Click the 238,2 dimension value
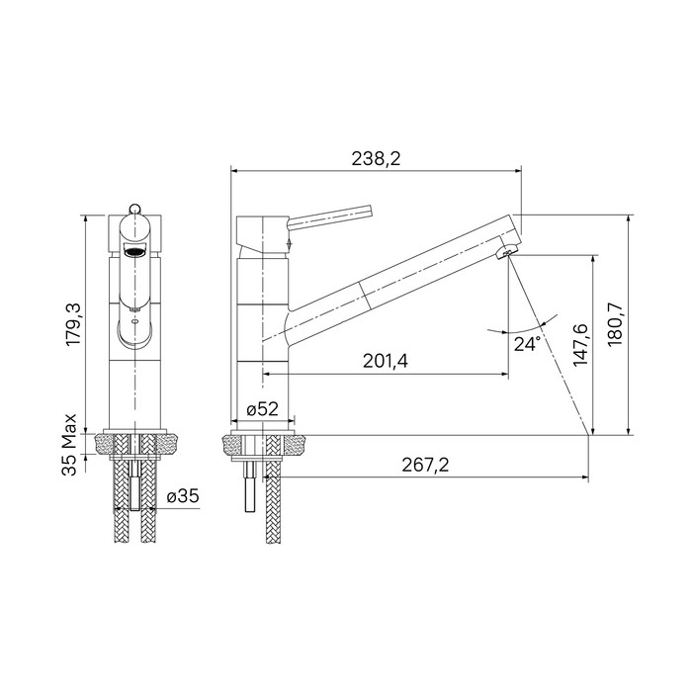click(x=376, y=158)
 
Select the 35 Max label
click(x=69, y=445)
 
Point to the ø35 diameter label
click(x=183, y=496)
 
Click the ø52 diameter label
click(x=263, y=409)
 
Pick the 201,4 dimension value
click(x=386, y=362)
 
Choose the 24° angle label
click(x=527, y=344)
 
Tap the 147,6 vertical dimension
click(x=581, y=344)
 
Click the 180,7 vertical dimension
click(x=615, y=324)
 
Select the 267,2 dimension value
click(x=425, y=465)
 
